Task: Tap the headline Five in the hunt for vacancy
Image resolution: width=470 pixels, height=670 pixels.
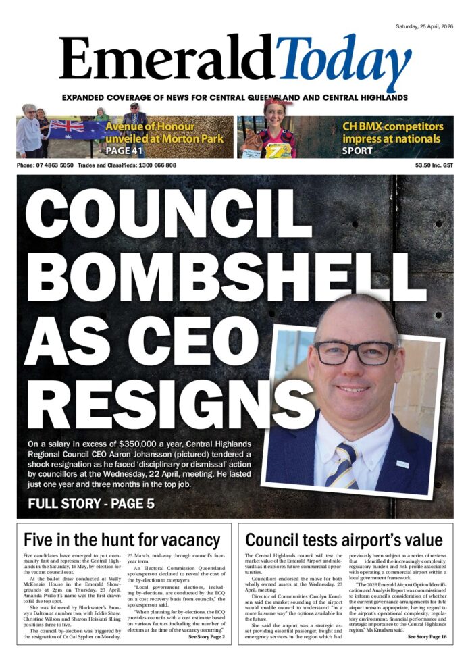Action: point(122,540)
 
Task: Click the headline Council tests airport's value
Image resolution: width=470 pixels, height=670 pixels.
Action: point(344,540)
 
